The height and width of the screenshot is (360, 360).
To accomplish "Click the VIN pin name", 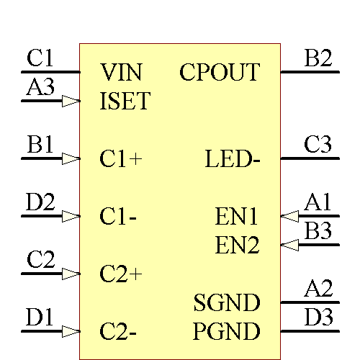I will (121, 72).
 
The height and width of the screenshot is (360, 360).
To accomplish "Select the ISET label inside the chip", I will (125, 102).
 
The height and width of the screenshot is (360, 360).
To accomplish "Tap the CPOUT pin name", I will (220, 72).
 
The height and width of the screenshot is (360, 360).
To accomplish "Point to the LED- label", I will (233, 159).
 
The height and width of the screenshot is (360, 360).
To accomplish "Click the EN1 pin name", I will (237, 216).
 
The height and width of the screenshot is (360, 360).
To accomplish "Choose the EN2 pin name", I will (237, 246).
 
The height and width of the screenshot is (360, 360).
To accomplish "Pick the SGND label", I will (227, 303).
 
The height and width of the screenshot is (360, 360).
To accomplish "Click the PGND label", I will (227, 332).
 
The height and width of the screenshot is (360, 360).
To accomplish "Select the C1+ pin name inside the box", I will (121, 159).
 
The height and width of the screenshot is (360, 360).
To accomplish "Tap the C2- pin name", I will (119, 332).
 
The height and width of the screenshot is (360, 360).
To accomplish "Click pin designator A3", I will (40, 87).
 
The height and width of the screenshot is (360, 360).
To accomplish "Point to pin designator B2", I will (318, 58).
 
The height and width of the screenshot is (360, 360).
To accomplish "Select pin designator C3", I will (318, 145).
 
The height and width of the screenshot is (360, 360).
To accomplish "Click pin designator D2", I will (40, 202).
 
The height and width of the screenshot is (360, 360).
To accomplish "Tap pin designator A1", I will (318, 202).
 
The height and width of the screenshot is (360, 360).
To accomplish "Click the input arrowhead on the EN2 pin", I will (289, 246).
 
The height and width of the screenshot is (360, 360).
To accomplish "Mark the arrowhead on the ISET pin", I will (71, 102).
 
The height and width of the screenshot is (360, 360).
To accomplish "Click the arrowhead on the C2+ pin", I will (71, 274).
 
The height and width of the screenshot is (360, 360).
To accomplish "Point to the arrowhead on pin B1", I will (71, 159).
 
